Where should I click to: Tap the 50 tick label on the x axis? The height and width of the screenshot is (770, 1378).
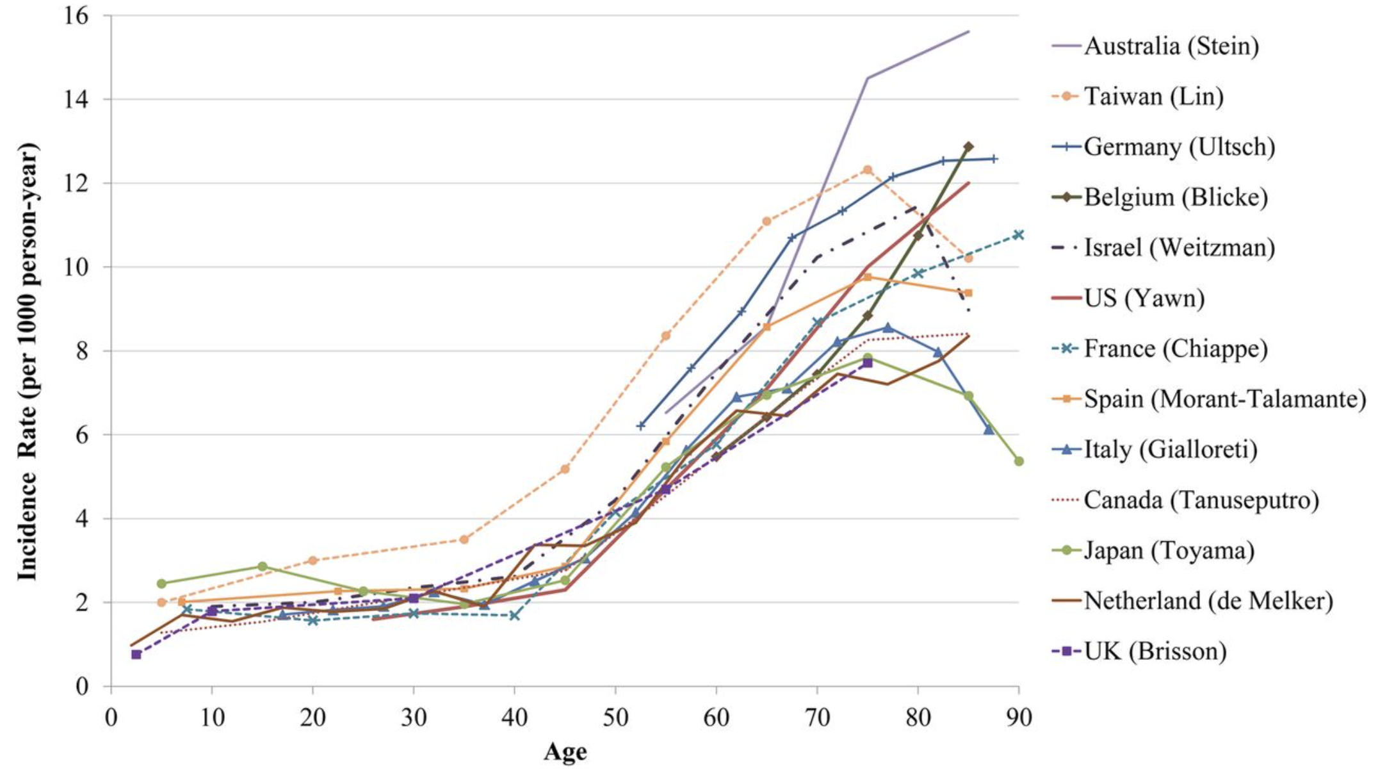(x=615, y=718)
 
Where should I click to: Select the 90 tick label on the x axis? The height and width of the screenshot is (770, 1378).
(x=1018, y=718)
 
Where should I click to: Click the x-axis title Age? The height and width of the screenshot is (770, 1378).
(x=565, y=752)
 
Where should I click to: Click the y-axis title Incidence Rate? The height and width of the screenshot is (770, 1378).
(x=28, y=362)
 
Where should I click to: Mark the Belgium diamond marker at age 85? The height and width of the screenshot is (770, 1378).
(x=968, y=147)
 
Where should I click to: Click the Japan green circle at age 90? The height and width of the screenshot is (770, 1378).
(x=1019, y=461)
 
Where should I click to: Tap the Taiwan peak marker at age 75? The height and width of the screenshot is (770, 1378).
(x=868, y=170)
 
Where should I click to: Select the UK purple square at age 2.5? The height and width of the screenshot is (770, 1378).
(x=136, y=654)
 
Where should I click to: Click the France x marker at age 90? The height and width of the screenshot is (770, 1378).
(x=1018, y=234)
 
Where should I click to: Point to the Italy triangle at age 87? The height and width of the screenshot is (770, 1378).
(x=989, y=430)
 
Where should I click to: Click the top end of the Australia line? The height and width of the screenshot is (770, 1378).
(x=968, y=31)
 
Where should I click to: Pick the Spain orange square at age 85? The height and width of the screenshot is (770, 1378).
(x=968, y=293)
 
